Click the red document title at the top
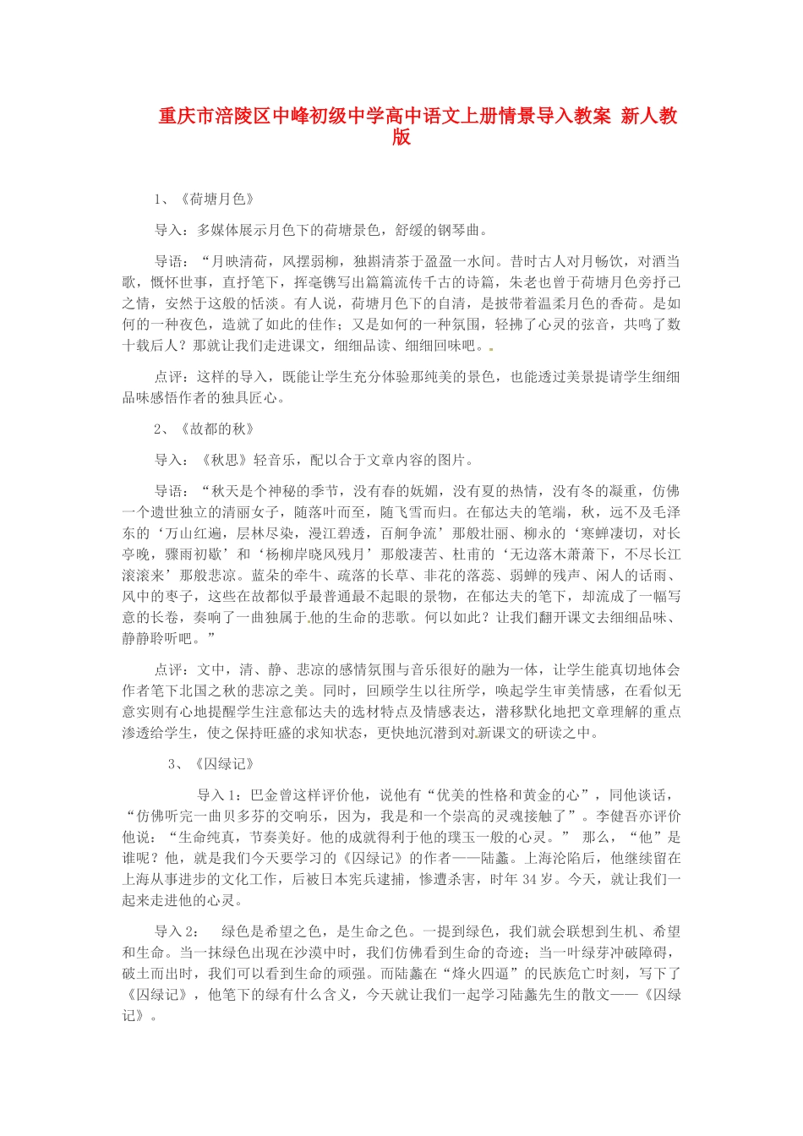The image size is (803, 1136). pyautogui.click(x=418, y=116)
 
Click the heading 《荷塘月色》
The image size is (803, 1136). pyautogui.click(x=218, y=199)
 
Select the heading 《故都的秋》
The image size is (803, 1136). pyautogui.click(x=218, y=429)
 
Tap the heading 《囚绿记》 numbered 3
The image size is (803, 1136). pyautogui.click(x=225, y=764)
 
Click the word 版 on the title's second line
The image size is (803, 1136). pyautogui.click(x=401, y=137)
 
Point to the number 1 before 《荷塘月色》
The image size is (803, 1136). pyautogui.click(x=158, y=199)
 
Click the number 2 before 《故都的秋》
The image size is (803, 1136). pyautogui.click(x=158, y=429)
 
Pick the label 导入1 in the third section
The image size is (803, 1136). pyautogui.click(x=216, y=795)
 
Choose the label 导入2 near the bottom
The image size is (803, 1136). pyautogui.click(x=176, y=931)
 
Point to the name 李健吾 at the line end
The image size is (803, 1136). pyautogui.click(x=617, y=816)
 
